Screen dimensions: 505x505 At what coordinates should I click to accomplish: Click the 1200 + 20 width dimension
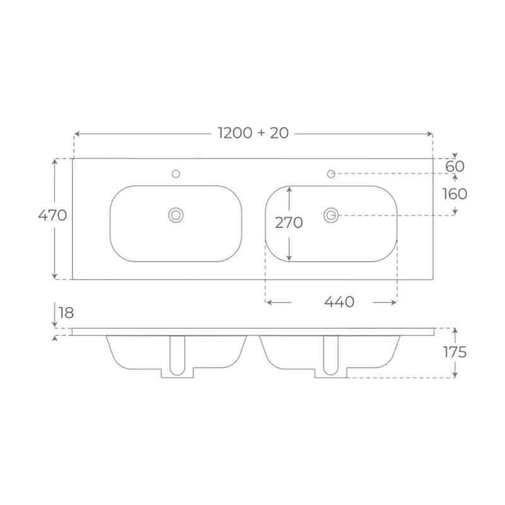click(x=253, y=133)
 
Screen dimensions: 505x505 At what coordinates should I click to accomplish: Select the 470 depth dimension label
click(x=52, y=215)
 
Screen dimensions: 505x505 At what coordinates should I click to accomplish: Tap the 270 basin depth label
click(x=289, y=223)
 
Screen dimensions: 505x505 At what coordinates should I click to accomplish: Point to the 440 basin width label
click(x=340, y=302)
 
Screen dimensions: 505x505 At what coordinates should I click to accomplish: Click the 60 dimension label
click(x=454, y=167)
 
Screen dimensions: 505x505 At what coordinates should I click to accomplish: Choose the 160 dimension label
click(x=454, y=194)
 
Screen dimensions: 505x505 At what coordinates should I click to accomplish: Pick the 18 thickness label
click(x=66, y=312)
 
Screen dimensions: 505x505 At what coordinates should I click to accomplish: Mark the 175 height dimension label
click(x=454, y=352)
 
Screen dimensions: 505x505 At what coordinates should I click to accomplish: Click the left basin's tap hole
click(x=176, y=174)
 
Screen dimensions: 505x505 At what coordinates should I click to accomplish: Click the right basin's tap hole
click(x=331, y=174)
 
